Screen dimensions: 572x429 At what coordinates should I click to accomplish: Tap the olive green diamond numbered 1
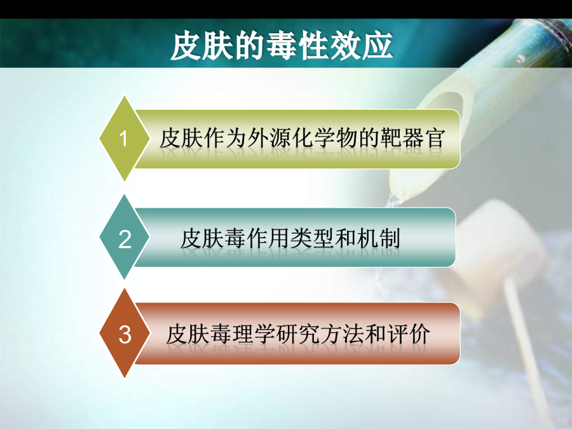[125, 139]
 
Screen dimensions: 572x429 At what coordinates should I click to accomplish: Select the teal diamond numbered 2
[125, 237]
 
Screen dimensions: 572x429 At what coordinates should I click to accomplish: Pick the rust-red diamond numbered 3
[125, 333]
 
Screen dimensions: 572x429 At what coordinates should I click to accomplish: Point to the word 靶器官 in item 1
[412, 139]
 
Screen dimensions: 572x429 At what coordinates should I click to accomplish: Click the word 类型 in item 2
[313, 238]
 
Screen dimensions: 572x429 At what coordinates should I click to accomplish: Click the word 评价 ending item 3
[408, 334]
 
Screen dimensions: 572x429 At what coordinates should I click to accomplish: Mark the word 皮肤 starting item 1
[181, 139]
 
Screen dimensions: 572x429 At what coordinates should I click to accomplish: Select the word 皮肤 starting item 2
[203, 238]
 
